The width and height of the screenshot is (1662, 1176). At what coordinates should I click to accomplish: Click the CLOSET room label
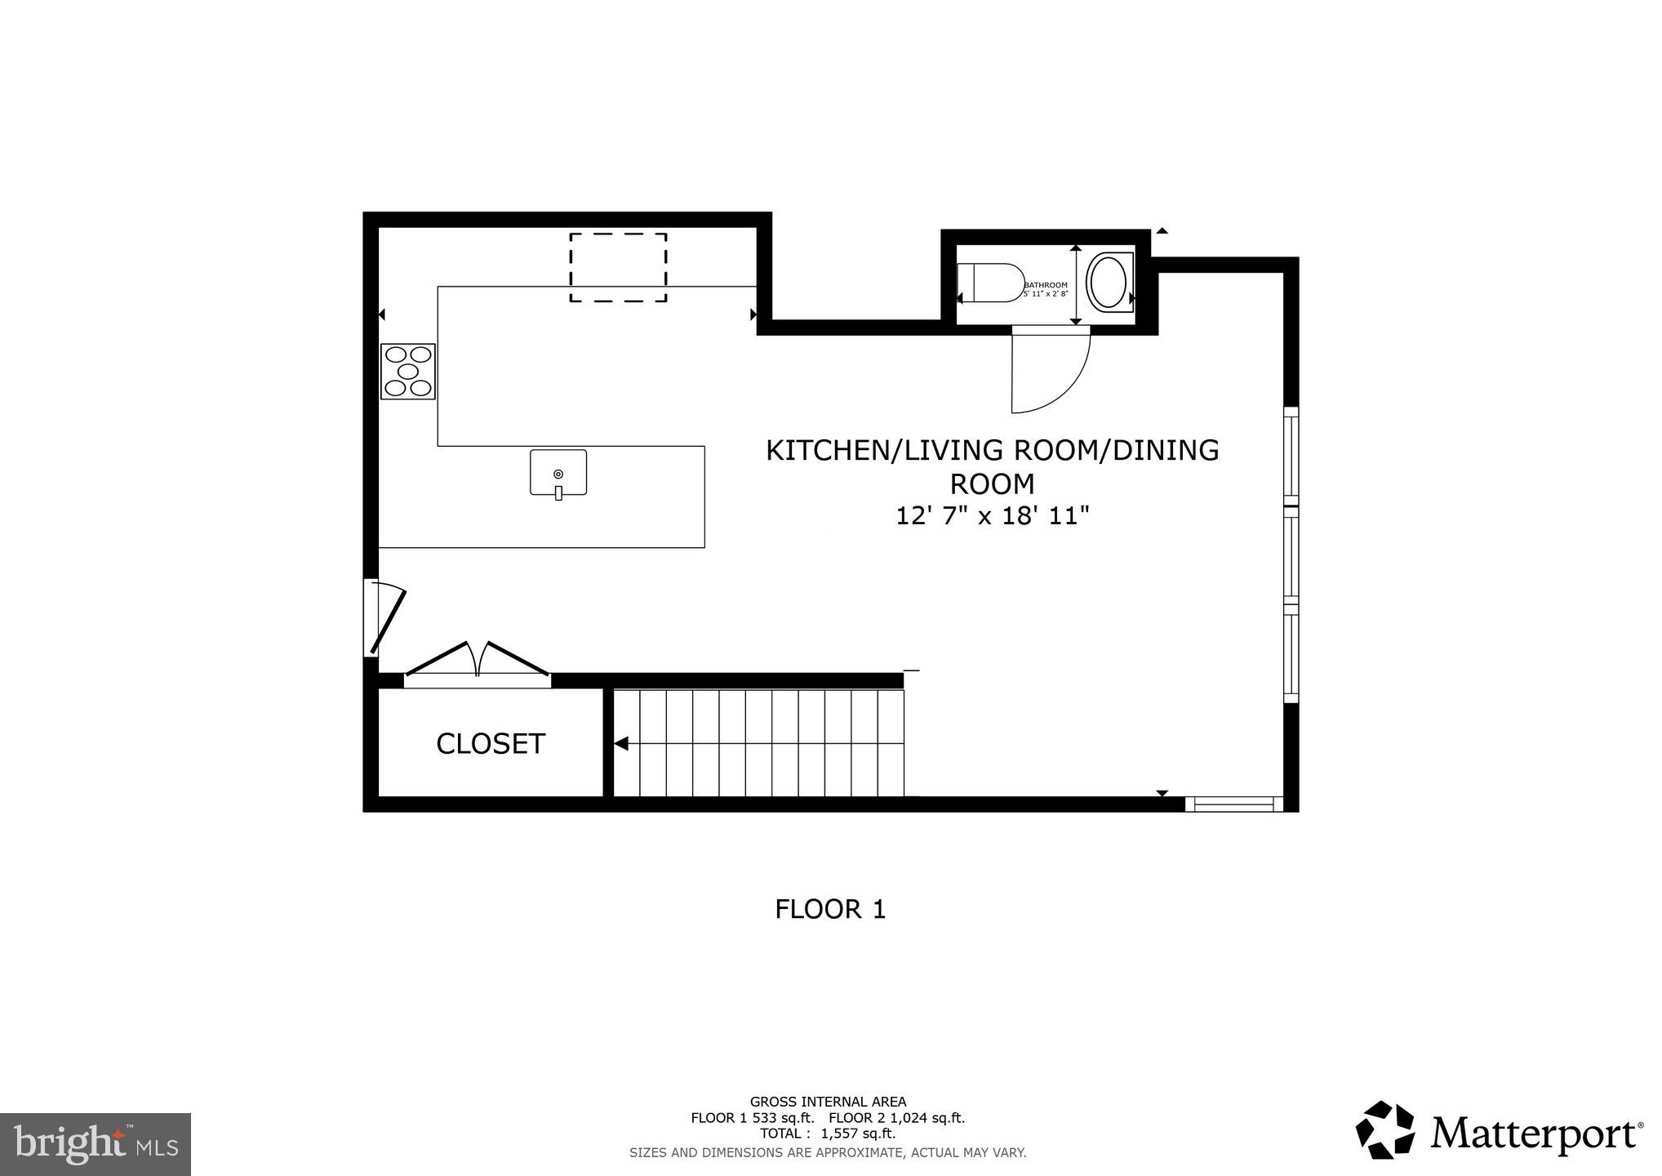click(490, 744)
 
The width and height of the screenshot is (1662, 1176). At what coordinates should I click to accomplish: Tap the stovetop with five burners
click(407, 372)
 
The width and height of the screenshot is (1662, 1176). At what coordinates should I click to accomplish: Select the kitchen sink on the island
click(558, 473)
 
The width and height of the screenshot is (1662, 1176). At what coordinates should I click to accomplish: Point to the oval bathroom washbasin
click(1108, 281)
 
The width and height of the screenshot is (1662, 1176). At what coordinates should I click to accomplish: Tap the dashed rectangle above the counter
click(618, 268)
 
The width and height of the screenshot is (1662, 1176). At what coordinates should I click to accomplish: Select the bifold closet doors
click(478, 661)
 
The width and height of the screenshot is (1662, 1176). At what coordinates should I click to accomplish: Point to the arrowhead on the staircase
click(621, 744)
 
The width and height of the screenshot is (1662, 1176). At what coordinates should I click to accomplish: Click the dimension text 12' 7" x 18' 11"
click(993, 517)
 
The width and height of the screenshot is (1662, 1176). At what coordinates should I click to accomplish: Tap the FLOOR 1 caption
click(830, 910)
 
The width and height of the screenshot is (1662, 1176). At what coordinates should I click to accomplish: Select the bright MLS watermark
click(96, 1144)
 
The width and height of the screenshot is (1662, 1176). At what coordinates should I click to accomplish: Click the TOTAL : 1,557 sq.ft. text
click(828, 1134)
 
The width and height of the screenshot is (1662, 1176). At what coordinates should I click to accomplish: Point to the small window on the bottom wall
click(1233, 804)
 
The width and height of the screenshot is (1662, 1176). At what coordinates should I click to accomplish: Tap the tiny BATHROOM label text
click(1046, 285)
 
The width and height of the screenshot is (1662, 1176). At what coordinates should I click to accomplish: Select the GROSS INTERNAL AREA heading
click(828, 1102)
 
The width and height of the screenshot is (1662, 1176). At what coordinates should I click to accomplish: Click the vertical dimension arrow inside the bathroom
click(1076, 285)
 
